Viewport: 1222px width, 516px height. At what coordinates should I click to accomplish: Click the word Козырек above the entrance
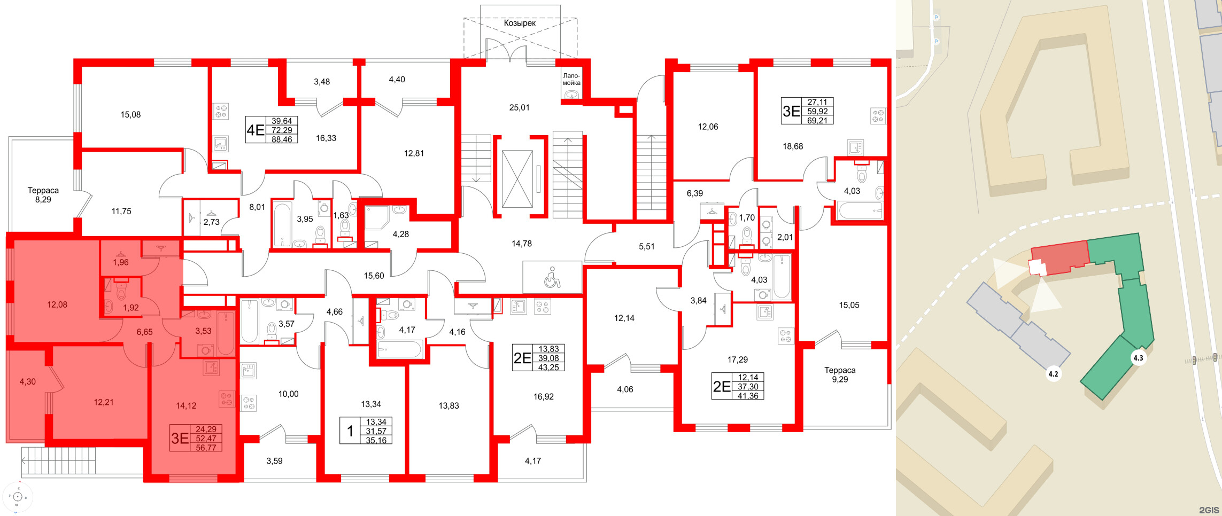tap(520, 23)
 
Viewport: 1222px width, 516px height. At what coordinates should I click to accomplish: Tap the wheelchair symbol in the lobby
tap(552, 278)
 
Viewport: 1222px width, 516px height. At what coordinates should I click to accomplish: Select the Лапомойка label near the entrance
tap(571, 79)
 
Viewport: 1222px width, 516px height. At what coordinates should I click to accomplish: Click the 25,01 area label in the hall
tap(519, 107)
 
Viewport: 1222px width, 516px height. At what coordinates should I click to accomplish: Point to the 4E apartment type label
tap(256, 130)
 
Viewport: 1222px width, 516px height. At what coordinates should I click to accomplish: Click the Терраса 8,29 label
tap(43, 195)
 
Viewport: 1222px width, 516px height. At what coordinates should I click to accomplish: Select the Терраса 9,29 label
tap(840, 374)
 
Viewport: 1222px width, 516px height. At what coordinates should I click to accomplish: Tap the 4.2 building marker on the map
tap(1053, 374)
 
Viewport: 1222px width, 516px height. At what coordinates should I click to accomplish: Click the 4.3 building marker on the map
tap(1138, 358)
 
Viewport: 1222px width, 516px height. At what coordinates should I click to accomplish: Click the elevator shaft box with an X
tap(517, 179)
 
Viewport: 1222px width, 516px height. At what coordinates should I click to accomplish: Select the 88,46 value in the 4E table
tap(282, 139)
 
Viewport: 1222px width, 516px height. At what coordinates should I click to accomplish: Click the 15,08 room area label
tap(130, 114)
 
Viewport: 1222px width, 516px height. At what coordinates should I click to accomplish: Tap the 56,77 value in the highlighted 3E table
tap(206, 448)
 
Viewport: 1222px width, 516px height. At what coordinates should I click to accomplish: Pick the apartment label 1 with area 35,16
tap(350, 431)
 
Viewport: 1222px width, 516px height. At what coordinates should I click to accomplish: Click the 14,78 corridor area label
tap(522, 244)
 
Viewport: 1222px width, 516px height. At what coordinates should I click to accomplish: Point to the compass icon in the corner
tap(18, 497)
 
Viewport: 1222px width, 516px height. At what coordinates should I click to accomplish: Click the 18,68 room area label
tap(793, 146)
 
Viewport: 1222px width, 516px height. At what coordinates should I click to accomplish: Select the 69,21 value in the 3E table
tap(817, 121)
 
